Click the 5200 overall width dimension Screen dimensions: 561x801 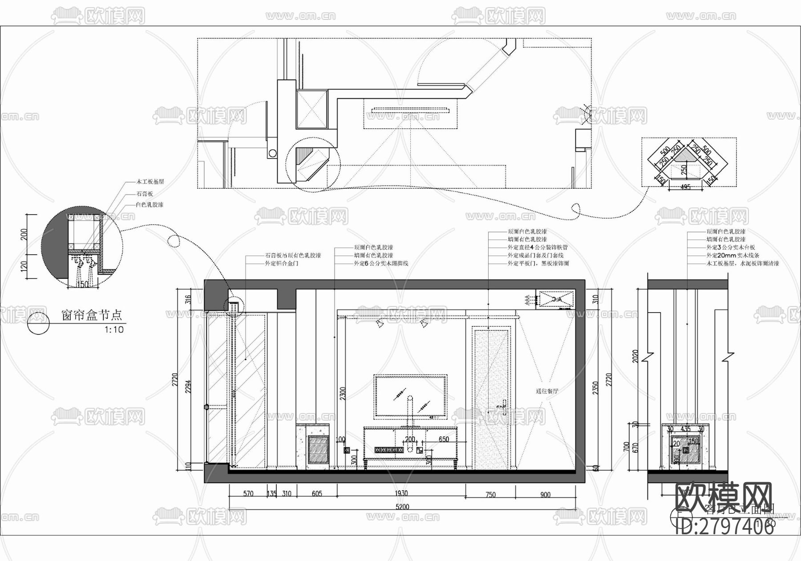pyautogui.click(x=402, y=507)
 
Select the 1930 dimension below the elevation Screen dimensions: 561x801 pyautogui.click(x=401, y=494)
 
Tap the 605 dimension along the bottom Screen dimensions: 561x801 pyautogui.click(x=317, y=494)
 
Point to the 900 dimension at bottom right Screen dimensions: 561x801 pyautogui.click(x=545, y=494)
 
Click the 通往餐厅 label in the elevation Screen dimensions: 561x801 pyautogui.click(x=547, y=391)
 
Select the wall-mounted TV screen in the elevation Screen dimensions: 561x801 pyautogui.click(x=410, y=396)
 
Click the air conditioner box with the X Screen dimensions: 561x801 pyautogui.click(x=556, y=299)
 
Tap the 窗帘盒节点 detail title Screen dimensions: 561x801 pyautogui.click(x=91, y=316)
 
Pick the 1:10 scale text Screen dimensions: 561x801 pyautogui.click(x=114, y=330)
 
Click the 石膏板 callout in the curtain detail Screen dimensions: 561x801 pyautogui.click(x=145, y=194)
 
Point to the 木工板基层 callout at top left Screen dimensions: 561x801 pyautogui.click(x=150, y=182)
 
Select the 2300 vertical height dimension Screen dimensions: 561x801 pyautogui.click(x=342, y=392)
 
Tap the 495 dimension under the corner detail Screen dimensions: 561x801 pyautogui.click(x=686, y=187)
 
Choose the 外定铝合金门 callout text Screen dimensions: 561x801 pyautogui.click(x=281, y=264)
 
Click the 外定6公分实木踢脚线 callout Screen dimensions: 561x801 pyautogui.click(x=381, y=264)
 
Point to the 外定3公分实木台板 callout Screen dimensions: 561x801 pyautogui.click(x=731, y=248)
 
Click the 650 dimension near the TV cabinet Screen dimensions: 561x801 pyautogui.click(x=443, y=439)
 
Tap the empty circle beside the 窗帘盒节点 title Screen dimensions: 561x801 pyautogui.click(x=38, y=323)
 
